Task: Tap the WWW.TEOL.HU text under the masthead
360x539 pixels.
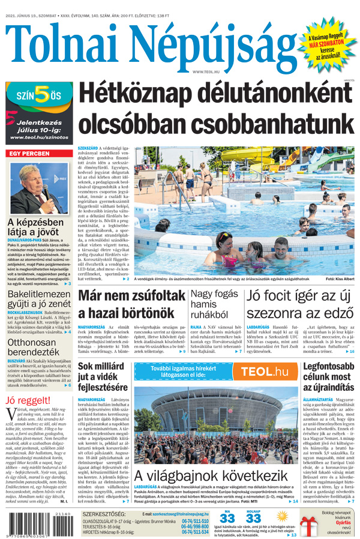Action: pos(206,71)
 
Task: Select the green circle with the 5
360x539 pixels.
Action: pos(41,95)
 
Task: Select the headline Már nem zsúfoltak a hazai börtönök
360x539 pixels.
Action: pos(131,304)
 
